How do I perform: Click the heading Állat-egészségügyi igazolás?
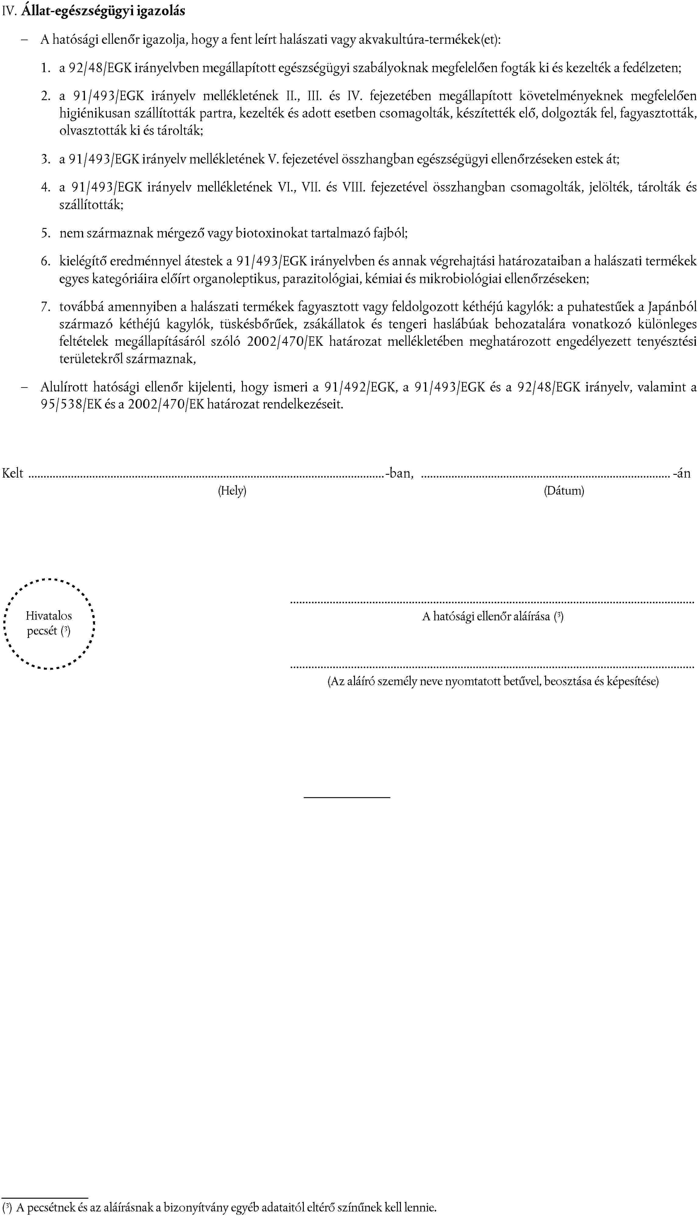pos(103,11)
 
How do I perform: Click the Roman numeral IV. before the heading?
pos(9,11)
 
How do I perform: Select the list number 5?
pos(46,233)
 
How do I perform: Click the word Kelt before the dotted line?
pos(13,474)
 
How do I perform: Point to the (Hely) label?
pos(232,491)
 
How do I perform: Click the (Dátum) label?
pos(564,491)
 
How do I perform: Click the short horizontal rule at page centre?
pos(347,797)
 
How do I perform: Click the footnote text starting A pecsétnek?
pos(225,1207)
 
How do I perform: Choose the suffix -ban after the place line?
pos(400,474)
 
